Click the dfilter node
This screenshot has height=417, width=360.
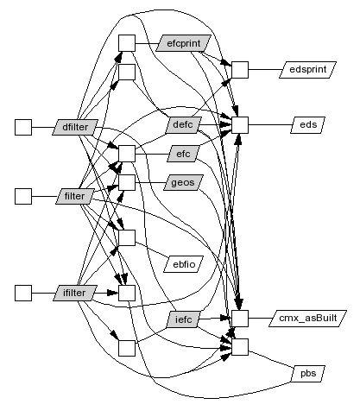click(75, 127)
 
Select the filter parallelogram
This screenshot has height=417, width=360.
click(75, 196)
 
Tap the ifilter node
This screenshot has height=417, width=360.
click(75, 293)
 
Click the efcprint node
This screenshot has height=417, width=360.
click(184, 43)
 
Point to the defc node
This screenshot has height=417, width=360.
click(183, 125)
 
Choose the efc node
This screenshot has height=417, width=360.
click(183, 154)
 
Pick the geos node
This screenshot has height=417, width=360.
click(183, 182)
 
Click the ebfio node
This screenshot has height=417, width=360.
click(184, 264)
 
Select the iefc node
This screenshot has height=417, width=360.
click(184, 319)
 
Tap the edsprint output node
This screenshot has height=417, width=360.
click(307, 70)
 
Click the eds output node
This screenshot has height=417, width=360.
click(308, 125)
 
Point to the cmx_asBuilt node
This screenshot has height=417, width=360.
click(307, 319)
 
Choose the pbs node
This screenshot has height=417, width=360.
click(308, 374)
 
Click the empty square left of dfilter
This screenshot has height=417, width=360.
click(23, 127)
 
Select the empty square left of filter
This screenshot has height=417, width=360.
click(23, 196)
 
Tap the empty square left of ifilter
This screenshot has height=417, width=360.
click(23, 293)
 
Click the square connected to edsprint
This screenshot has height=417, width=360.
click(240, 70)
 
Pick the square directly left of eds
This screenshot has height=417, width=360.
click(240, 125)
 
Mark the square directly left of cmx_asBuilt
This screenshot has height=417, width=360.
click(240, 319)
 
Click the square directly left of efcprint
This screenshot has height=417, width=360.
click(127, 43)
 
